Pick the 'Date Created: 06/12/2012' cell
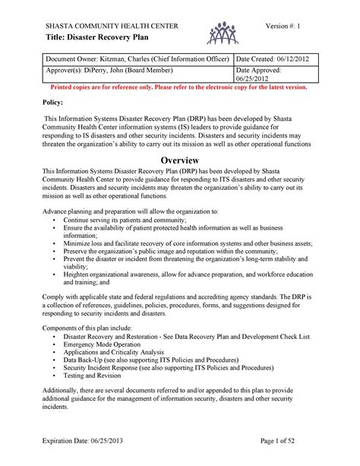pos(274,59)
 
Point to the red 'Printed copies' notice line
pos(180,87)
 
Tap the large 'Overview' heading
pos(180,160)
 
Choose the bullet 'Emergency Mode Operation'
pos(102,344)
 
